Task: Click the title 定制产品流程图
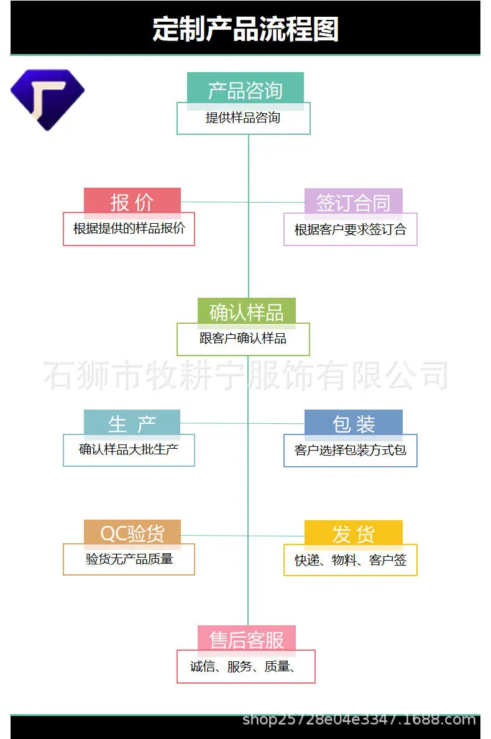(245, 29)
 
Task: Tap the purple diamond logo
(47, 99)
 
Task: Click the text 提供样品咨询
(243, 118)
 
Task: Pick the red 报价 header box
(132, 202)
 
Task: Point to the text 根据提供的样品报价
(129, 229)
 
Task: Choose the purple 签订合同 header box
(354, 203)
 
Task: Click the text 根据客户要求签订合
(350, 229)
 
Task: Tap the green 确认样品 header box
(247, 312)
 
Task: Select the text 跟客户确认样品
(243, 338)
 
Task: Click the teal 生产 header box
(132, 424)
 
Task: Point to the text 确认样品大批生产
(129, 449)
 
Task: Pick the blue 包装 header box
(354, 424)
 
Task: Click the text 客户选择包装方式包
(350, 451)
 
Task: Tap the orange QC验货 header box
(132, 533)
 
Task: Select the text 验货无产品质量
(129, 559)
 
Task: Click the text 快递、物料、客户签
(350, 561)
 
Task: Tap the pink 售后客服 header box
(247, 640)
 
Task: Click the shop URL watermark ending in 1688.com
(359, 720)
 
